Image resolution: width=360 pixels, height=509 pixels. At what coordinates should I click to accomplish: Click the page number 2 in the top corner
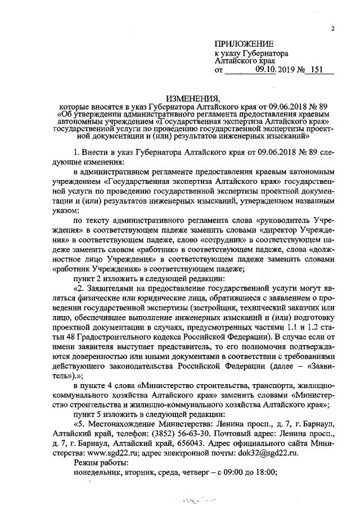coord(332,29)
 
